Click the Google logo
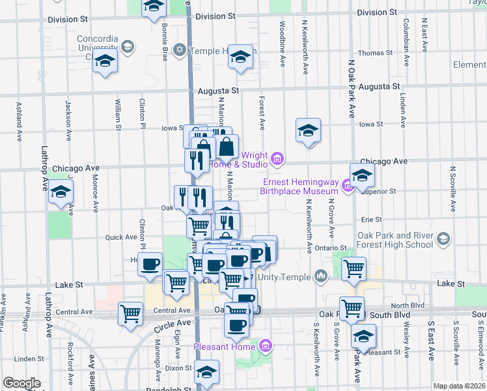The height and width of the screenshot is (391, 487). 21,383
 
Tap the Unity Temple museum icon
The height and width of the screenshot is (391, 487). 320,277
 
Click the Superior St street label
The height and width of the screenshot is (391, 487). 381,191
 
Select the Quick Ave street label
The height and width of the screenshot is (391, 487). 122,237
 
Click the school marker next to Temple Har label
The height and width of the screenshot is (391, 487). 240,57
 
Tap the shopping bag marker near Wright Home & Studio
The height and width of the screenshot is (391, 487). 227,147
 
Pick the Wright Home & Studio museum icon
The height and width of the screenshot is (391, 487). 277,158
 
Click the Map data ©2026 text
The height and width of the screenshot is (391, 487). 460,386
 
